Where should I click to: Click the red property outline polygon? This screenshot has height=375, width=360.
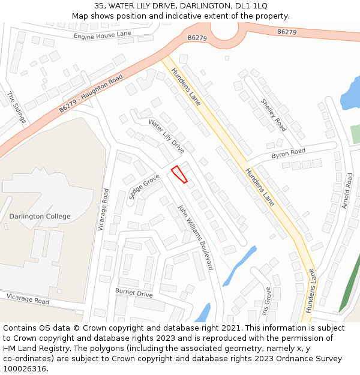(179, 174)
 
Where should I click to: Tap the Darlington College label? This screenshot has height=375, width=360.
(40, 217)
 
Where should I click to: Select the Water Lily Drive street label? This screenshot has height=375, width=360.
(167, 136)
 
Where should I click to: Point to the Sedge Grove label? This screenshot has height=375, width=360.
(144, 187)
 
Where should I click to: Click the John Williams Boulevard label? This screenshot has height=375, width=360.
(195, 237)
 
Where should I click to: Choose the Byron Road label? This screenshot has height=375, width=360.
(288, 154)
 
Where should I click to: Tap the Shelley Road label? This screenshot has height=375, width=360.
(273, 115)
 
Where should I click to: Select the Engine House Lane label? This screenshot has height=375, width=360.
(103, 36)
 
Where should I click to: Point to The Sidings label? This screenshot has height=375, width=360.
(17, 107)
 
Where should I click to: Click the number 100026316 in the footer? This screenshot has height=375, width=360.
(25, 368)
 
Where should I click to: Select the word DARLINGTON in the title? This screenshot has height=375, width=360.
(194, 6)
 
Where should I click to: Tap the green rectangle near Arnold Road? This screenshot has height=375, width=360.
(355, 134)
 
